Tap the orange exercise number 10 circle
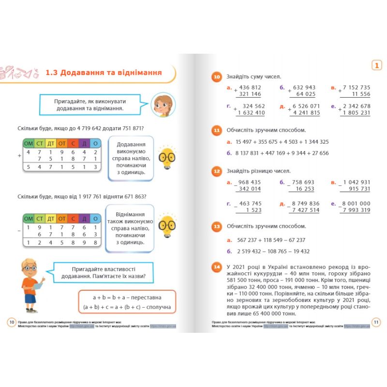coord(217,77)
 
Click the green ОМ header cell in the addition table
coord(29,143)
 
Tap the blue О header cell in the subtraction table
coord(96,218)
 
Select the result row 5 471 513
coord(62,167)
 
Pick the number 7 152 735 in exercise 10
coord(356,88)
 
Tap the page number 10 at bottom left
coord(12,323)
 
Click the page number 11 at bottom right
coord(375,323)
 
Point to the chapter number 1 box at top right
coord(375,65)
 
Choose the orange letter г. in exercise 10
coord(229,105)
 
